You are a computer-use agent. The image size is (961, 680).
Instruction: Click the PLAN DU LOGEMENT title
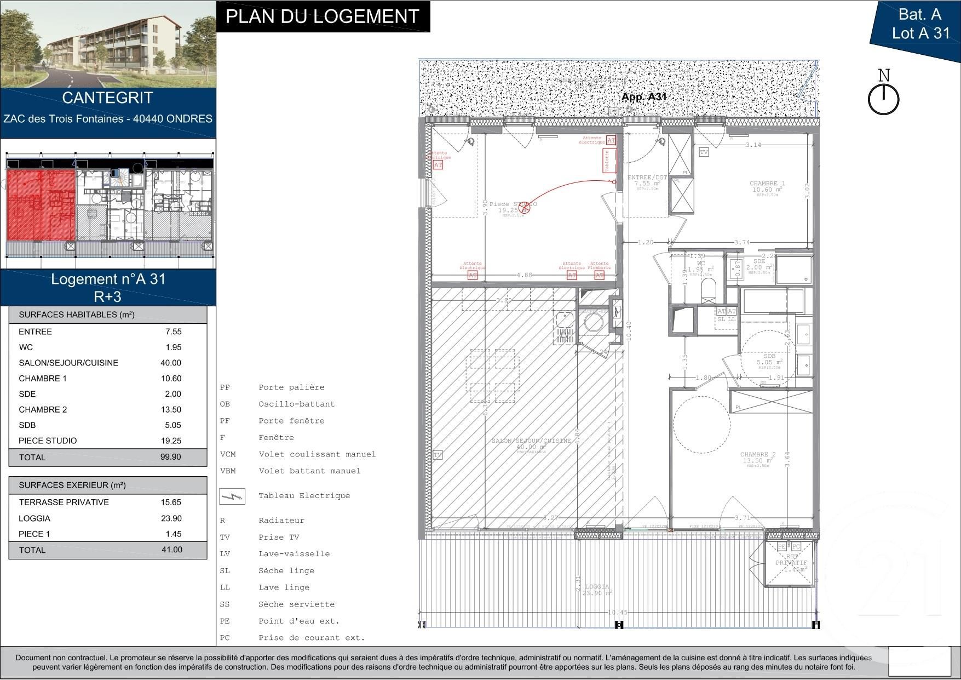tap(323, 16)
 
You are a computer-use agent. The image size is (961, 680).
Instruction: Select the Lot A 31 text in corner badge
tap(920, 33)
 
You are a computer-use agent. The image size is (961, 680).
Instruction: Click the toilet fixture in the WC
tap(708, 290)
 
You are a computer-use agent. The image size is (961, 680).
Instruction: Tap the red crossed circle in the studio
tap(525, 207)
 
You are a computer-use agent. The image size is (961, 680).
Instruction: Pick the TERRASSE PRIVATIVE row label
tap(64, 502)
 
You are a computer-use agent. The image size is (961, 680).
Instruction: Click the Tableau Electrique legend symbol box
tap(232, 496)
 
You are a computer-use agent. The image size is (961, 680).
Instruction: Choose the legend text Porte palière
tap(291, 387)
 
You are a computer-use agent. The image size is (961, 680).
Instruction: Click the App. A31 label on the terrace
tap(643, 97)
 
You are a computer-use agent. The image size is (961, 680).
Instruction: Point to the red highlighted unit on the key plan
tap(41, 204)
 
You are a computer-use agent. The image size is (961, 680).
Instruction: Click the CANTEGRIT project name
tap(107, 98)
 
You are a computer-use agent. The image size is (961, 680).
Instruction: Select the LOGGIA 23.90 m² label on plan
tap(596, 590)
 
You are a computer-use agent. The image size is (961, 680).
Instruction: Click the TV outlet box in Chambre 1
tap(704, 152)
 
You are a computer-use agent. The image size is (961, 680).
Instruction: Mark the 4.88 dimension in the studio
tap(524, 275)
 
